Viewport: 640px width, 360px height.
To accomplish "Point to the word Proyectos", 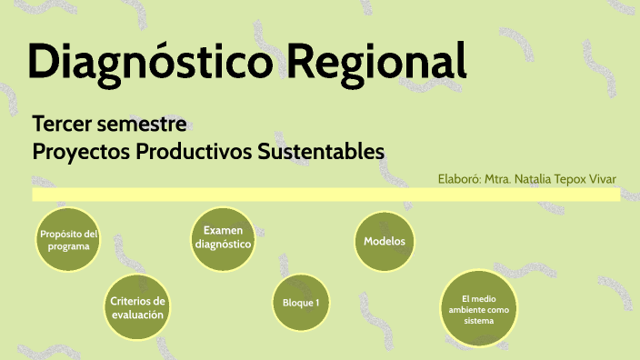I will (80, 151).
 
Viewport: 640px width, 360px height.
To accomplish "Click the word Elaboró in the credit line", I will (459, 180).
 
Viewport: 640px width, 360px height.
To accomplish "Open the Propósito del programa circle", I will (68, 241).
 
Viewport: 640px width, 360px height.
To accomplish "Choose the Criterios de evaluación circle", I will (138, 307).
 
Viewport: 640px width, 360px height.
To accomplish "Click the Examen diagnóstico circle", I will (223, 238).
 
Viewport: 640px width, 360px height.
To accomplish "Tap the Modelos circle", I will (385, 242).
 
